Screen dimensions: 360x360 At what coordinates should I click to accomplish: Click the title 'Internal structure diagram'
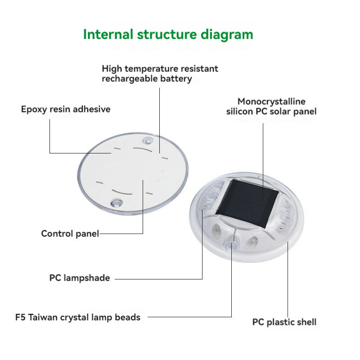[x=168, y=35]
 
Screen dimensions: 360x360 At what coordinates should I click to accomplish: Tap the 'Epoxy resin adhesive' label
[x=66, y=109]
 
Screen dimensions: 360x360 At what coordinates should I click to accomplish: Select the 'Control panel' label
[x=70, y=234]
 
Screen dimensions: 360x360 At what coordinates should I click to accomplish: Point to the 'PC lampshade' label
[x=80, y=278]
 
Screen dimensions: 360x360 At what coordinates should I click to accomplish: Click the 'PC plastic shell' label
[x=284, y=322]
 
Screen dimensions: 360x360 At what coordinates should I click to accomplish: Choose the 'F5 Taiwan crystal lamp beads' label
[x=78, y=318]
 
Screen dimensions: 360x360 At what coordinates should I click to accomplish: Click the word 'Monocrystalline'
[x=271, y=102]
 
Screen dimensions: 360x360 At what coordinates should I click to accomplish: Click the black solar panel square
[x=247, y=203]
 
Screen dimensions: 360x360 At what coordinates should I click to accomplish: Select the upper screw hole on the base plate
[x=148, y=140]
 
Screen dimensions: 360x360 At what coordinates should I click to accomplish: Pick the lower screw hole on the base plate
[x=117, y=203]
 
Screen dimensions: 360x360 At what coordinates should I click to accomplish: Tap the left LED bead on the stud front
[x=216, y=229]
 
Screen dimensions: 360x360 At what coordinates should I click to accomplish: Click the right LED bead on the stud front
[x=252, y=242]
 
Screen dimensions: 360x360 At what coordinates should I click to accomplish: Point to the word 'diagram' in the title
[x=227, y=35]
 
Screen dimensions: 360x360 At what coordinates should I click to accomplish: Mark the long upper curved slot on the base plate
[x=143, y=149]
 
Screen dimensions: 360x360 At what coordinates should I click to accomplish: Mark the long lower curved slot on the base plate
[x=122, y=193]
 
